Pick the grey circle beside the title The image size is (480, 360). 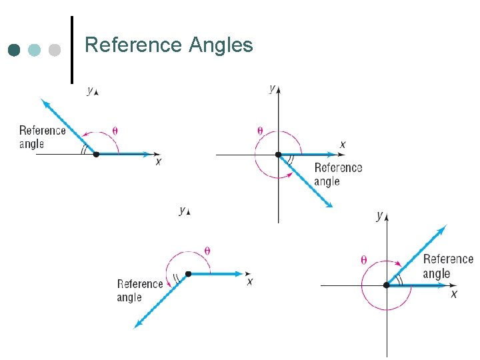click(55, 50)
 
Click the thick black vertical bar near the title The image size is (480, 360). click(71, 50)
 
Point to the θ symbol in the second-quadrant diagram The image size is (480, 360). click(115, 131)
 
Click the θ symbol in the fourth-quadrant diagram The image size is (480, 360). click(260, 131)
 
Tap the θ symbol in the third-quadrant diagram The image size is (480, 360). click(207, 251)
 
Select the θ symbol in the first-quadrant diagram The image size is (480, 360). click(364, 260)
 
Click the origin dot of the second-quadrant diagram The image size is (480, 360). click(96, 154)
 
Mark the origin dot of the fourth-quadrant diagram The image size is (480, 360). click(278, 155)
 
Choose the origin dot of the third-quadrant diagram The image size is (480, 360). click(188, 273)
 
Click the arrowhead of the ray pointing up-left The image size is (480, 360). click(44, 102)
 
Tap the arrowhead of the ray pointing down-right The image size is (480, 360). click(328, 204)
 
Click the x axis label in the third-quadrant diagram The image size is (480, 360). click(250, 282)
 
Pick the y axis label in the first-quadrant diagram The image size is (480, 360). click(379, 215)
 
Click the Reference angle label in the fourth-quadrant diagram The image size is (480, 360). click(338, 174)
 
